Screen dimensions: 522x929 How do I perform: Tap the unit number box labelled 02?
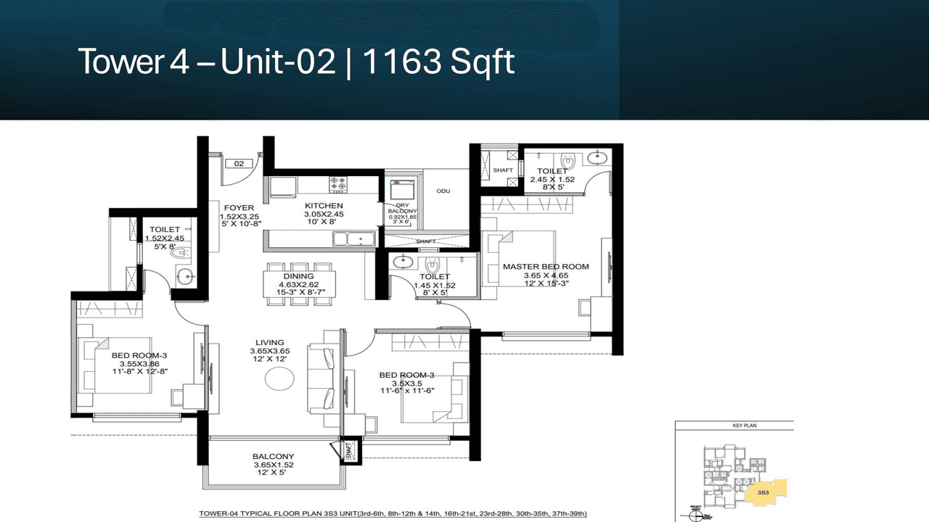239,164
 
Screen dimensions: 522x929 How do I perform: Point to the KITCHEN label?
323,207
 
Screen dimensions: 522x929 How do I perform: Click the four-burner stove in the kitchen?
339,185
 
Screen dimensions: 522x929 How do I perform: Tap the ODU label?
443,191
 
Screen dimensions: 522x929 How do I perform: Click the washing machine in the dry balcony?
401,190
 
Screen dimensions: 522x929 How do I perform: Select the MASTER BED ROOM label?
545,267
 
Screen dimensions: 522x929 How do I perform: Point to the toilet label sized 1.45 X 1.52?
434,277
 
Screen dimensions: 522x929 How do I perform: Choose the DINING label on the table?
298,276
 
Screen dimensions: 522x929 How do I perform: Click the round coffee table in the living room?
280,379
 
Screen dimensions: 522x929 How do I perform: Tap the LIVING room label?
269,343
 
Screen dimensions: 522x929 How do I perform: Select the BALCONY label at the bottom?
273,456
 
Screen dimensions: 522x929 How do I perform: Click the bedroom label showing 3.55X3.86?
139,355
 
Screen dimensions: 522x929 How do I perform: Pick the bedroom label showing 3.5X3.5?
406,375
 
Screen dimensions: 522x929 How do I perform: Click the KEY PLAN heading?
734,426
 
